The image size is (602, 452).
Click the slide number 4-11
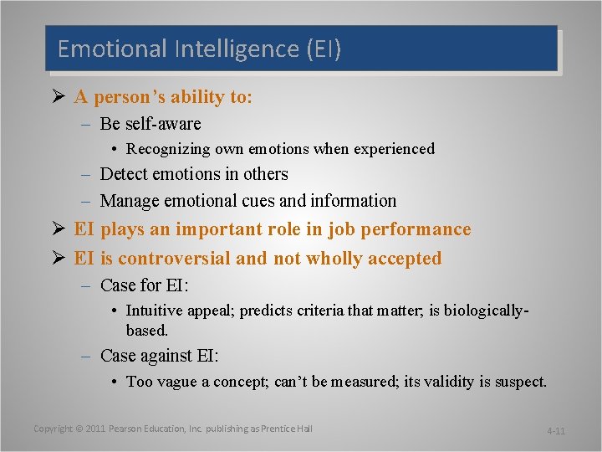[x=556, y=431]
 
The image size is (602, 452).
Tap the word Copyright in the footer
[x=54, y=429]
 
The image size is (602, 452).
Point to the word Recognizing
[x=170, y=149]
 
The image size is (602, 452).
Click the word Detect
[x=124, y=174]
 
